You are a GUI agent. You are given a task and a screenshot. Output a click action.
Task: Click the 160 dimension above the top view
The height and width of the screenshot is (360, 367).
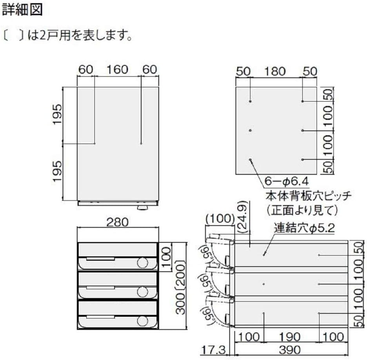point(118,69)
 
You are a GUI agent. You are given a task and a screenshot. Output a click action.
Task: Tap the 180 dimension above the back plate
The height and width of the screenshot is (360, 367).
point(275,71)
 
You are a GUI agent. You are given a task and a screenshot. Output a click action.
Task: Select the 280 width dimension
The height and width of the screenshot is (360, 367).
point(118,222)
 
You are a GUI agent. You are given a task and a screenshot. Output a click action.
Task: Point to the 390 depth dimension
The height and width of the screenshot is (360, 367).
point(290,350)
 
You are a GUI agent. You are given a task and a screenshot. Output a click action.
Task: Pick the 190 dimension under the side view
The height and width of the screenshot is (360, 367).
point(290,337)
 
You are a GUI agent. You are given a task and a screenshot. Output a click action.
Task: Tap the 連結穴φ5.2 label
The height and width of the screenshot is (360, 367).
point(304,228)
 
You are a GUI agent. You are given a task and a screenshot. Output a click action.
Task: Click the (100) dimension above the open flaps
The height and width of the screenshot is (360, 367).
point(220,219)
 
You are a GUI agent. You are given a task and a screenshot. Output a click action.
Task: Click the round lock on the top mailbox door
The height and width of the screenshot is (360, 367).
point(143,263)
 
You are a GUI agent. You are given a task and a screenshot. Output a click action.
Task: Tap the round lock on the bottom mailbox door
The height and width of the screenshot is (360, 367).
point(143,321)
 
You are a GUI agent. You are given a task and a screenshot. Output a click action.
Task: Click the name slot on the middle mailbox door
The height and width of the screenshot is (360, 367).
point(100,288)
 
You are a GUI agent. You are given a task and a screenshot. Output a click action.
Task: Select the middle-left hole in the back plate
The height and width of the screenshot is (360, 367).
point(250,130)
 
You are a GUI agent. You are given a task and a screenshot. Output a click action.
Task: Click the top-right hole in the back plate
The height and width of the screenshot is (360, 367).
point(302,101)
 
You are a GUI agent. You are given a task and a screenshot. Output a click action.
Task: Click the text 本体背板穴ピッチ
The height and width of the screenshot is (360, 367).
point(309,196)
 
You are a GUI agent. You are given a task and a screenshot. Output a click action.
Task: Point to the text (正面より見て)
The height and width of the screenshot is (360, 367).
point(302,210)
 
